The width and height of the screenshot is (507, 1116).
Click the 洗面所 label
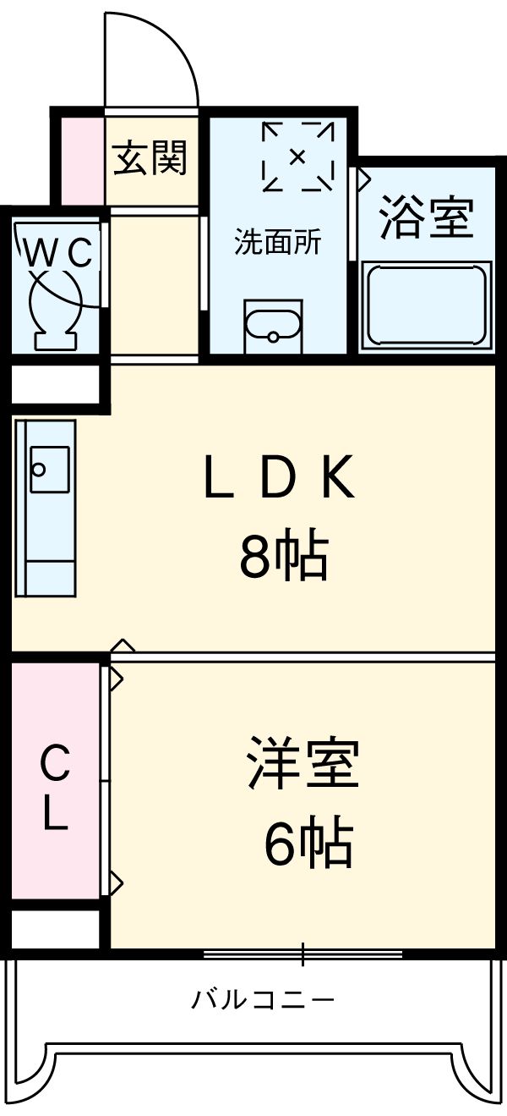tap(277, 243)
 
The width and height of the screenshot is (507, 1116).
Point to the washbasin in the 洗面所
tap(272, 327)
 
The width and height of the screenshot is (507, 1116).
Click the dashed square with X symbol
tap(297, 157)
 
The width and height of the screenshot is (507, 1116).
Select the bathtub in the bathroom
tap(426, 305)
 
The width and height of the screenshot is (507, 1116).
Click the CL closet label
tap(55, 787)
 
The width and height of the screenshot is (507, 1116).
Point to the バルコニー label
tap(263, 1001)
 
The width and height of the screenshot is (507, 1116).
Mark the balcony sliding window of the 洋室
tap(302, 954)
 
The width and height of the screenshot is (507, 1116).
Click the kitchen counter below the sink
tap(44, 558)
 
